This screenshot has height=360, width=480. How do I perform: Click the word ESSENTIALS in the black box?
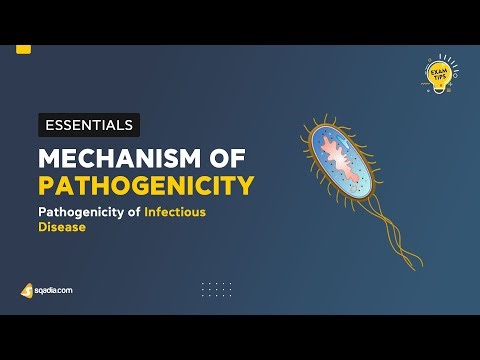click(89, 126)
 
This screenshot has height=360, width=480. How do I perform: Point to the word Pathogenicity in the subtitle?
click(80, 212)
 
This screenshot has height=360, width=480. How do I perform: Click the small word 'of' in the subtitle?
click(133, 212)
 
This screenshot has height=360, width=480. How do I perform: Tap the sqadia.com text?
click(53, 290)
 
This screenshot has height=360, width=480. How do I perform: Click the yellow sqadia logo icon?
click(27, 290)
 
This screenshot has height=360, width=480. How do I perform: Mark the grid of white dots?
click(216, 289)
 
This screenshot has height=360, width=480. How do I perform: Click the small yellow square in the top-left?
click(24, 47)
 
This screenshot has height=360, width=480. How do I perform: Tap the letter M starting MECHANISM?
click(50, 158)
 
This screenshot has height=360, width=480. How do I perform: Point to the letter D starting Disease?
click(41, 227)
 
